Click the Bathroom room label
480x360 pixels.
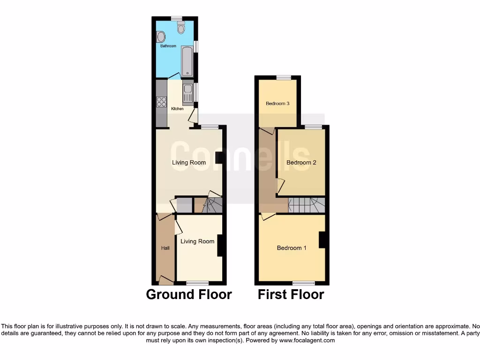point(168,46)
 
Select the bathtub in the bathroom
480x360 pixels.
point(187,61)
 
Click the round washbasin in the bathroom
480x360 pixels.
point(160,37)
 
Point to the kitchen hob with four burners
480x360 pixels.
point(162,102)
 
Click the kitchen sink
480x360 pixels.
point(187,92)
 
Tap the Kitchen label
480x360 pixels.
point(177,109)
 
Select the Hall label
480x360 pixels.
point(165,248)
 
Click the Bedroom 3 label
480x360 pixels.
point(277,104)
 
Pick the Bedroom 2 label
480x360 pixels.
point(301,163)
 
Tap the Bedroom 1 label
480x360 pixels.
point(292,248)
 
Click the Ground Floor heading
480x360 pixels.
point(189,294)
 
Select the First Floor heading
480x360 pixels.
point(291,294)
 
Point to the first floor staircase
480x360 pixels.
point(306,205)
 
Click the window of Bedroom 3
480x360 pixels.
point(283,77)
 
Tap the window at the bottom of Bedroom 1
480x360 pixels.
point(304,283)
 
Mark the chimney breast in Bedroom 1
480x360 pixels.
point(322,240)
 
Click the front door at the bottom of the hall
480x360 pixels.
point(165,281)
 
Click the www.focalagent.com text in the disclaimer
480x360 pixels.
point(307,340)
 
